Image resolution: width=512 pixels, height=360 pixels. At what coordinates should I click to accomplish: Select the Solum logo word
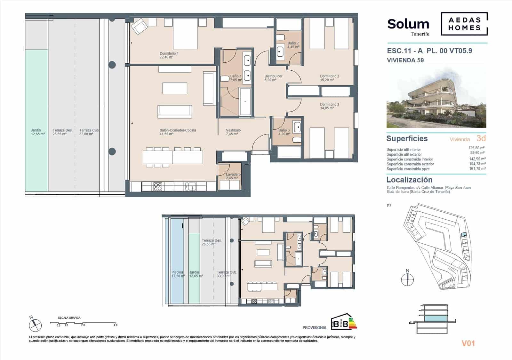408,24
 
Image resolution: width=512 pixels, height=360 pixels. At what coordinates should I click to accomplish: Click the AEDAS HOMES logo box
464,24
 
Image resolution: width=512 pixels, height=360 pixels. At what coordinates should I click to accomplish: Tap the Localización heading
409,180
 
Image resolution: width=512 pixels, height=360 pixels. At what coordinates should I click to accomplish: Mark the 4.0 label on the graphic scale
116,325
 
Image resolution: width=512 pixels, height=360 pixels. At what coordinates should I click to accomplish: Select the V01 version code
468,343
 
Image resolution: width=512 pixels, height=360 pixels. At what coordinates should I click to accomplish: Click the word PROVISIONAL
315,328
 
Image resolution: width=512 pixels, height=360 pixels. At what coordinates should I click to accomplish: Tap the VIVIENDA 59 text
405,60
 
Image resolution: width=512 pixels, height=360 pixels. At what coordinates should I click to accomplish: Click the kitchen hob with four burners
158,186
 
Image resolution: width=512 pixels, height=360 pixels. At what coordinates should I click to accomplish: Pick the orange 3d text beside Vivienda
481,138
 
